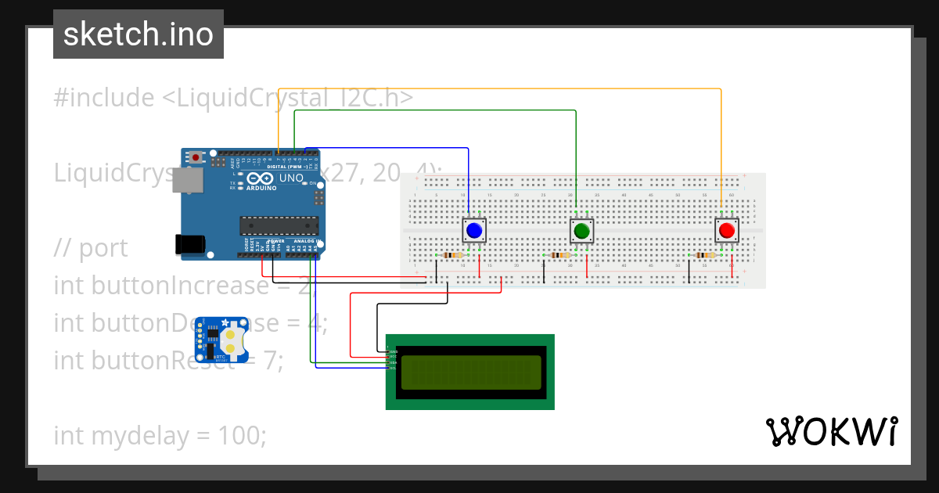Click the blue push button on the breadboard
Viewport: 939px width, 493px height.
click(473, 230)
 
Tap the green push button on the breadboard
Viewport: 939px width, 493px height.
click(581, 231)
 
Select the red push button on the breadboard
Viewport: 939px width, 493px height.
click(726, 230)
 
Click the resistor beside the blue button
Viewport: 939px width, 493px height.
click(452, 255)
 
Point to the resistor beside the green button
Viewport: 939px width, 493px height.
click(559, 255)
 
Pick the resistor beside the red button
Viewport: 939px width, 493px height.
click(704, 255)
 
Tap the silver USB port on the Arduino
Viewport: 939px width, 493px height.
click(189, 181)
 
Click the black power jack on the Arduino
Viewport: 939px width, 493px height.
click(190, 243)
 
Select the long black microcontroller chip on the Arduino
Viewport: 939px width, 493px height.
click(279, 225)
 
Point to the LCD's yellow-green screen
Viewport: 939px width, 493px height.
click(469, 372)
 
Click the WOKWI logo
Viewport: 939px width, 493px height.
click(831, 431)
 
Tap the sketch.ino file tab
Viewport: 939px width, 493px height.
click(139, 34)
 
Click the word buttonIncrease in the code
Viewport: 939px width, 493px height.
click(179, 286)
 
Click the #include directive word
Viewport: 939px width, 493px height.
click(104, 98)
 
